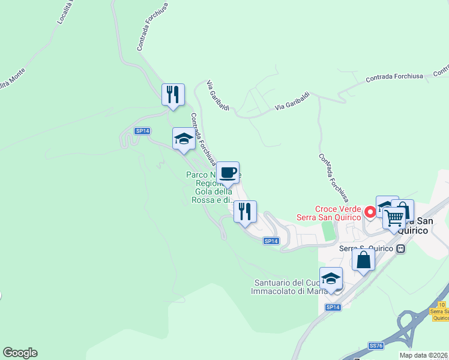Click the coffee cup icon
pyautogui.click(x=228, y=173)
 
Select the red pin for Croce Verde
pyautogui.click(x=370, y=211)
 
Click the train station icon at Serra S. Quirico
pyautogui.click(x=400, y=248)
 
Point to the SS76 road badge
pyautogui.click(x=376, y=346)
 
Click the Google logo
pyautogui.click(x=20, y=353)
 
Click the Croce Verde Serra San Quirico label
pyautogui.click(x=330, y=214)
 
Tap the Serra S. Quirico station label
pyautogui.click(x=366, y=248)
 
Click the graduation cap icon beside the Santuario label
pyautogui.click(x=331, y=278)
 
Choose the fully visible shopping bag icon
pyautogui.click(x=364, y=260)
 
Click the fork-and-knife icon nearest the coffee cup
pyautogui.click(x=245, y=211)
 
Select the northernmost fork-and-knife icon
pyautogui.click(x=173, y=94)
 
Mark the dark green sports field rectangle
pyautogui.click(x=328, y=231)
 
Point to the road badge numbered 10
pyautogui.click(x=442, y=305)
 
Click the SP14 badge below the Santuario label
pyautogui.click(x=333, y=307)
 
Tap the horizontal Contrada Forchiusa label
pyautogui.click(x=394, y=76)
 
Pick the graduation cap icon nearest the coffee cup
pyautogui.click(x=184, y=139)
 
